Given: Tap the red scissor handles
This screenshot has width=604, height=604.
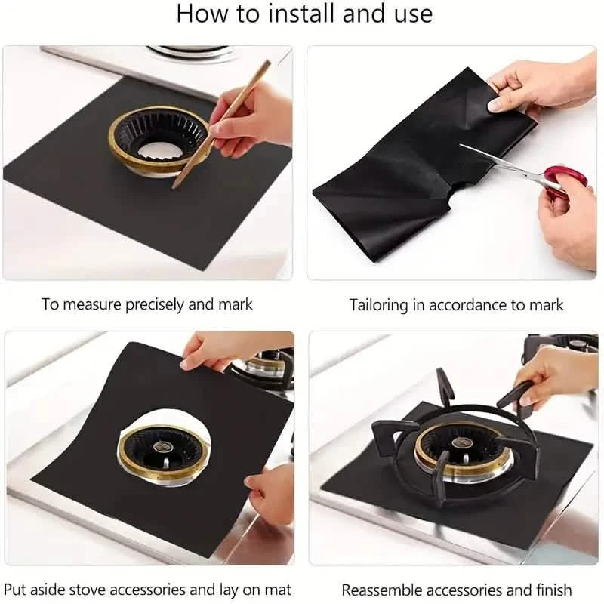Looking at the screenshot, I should tap(557, 181).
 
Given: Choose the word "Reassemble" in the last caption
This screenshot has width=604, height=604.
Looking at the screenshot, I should tap(381, 589).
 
